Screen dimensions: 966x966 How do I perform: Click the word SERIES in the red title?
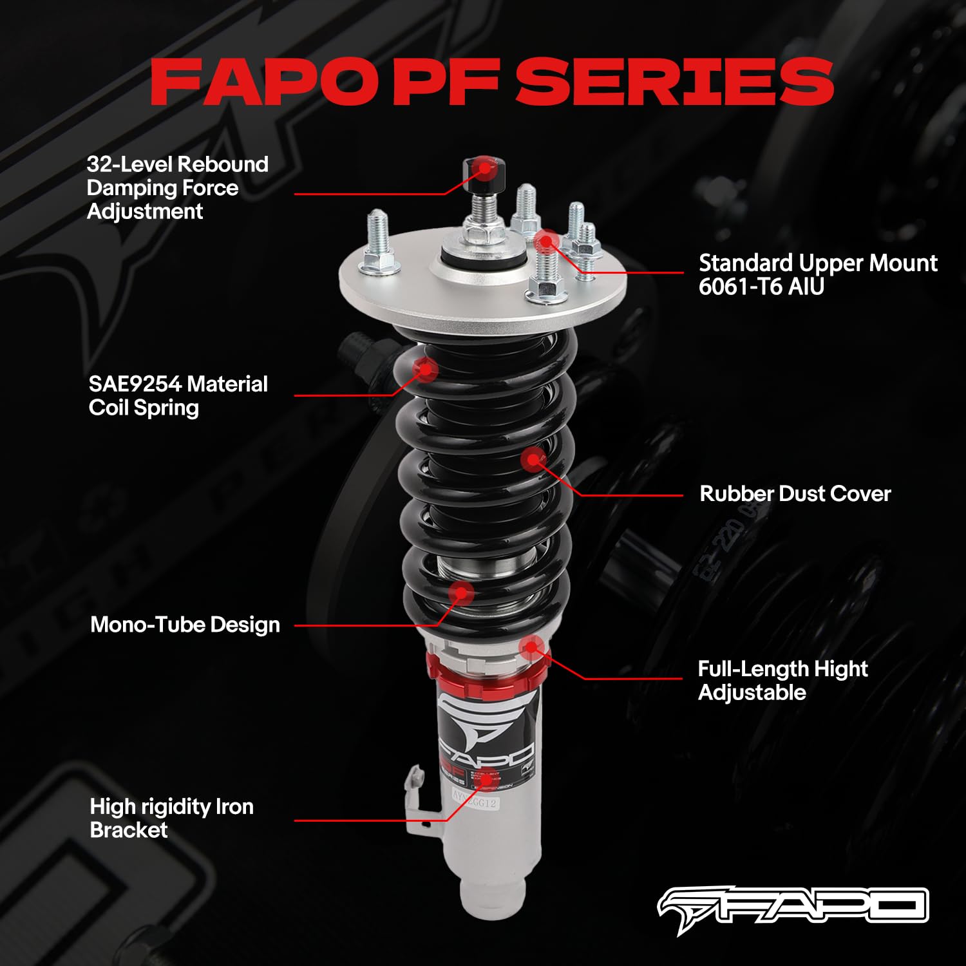pyautogui.click(x=674, y=82)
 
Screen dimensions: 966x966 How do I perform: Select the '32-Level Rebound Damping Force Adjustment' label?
pyautogui.click(x=177, y=187)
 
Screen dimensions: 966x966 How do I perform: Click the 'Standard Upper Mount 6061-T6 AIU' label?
pyautogui.click(x=817, y=274)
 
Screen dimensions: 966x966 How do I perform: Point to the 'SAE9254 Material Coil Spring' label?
pyautogui.click(x=178, y=395)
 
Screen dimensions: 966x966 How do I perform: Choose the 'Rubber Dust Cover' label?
pyautogui.click(x=795, y=494)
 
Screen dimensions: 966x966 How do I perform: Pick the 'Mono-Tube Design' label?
pyautogui.click(x=185, y=625)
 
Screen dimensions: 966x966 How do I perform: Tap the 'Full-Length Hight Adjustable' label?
pyautogui.click(x=782, y=680)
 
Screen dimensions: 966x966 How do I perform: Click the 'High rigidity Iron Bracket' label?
pyautogui.click(x=171, y=818)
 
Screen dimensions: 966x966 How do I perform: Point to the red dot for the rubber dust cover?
pyautogui.click(x=533, y=459)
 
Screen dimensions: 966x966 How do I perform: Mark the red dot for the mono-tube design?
pyautogui.click(x=461, y=592)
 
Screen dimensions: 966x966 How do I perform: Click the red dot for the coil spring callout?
pyautogui.click(x=425, y=369)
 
